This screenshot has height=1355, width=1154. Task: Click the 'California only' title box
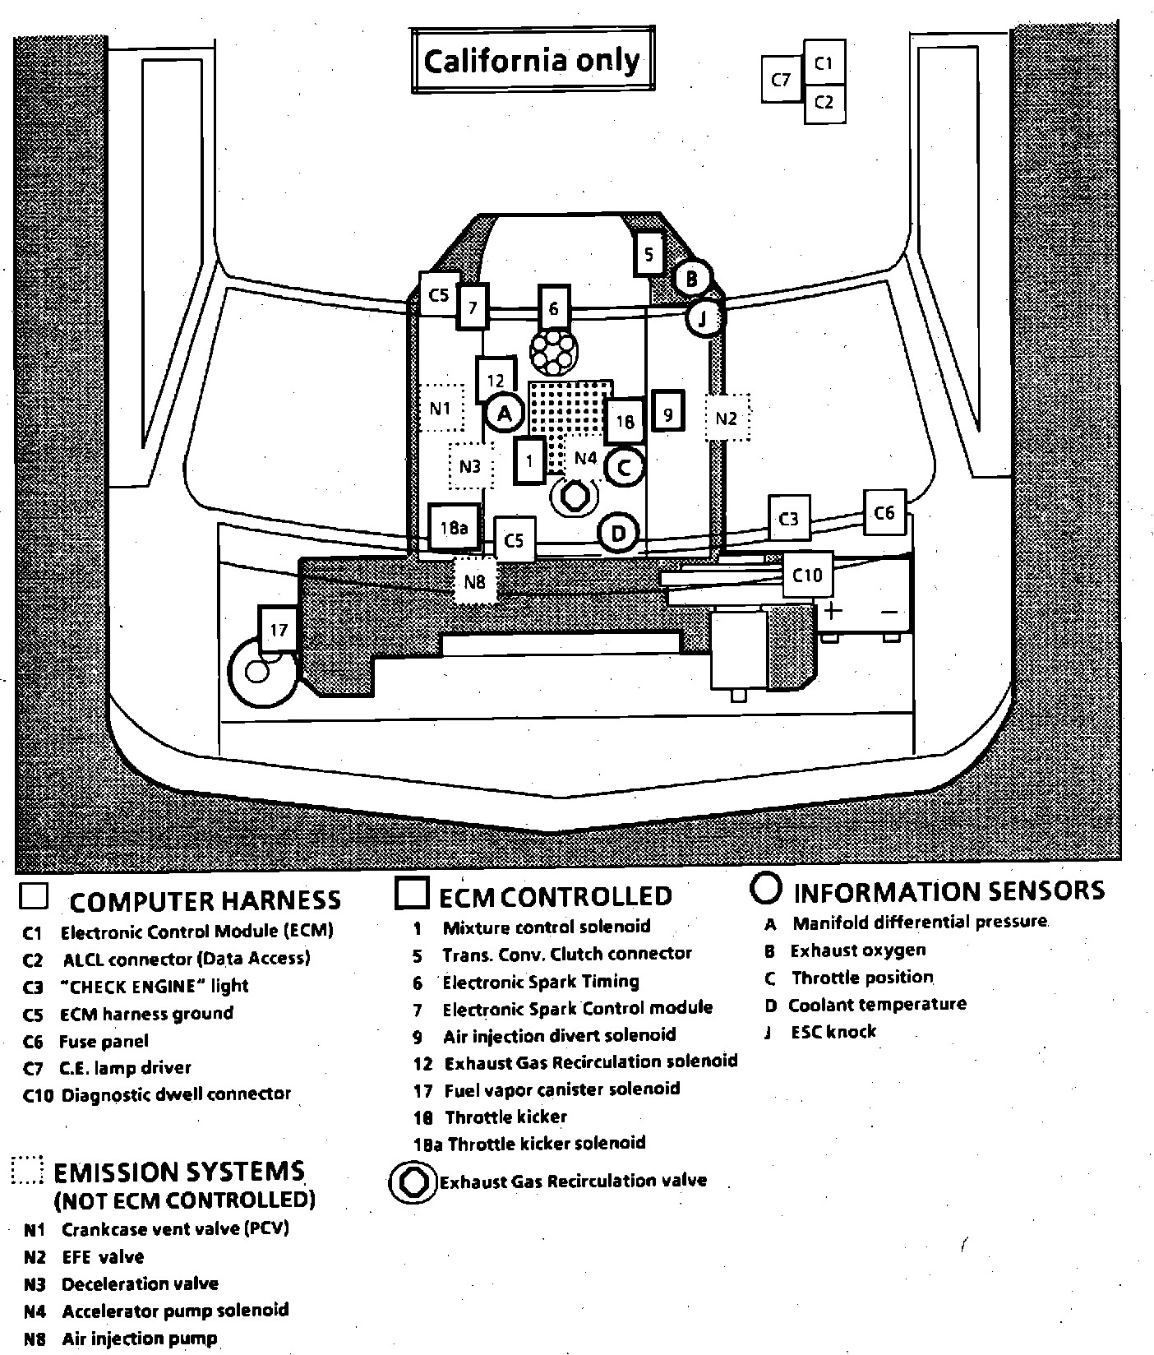pos(532,61)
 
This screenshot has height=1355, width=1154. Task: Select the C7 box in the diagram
pos(781,80)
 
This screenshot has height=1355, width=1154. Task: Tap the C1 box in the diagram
pos(824,62)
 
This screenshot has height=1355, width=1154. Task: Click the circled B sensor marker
pos(691,279)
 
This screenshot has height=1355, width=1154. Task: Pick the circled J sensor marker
pos(703,318)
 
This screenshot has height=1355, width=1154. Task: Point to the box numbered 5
pos(649,254)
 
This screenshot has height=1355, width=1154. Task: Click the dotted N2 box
pos(727,419)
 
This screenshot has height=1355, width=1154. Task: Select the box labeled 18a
pos(455,527)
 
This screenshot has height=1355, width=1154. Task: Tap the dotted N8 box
pos(475,582)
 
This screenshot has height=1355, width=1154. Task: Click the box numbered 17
pos(279,630)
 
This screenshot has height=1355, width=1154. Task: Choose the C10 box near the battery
pos(807,575)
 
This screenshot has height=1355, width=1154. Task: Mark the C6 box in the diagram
pos(884,513)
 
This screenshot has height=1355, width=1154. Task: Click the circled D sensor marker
pos(619,534)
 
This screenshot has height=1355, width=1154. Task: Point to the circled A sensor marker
pos(505,414)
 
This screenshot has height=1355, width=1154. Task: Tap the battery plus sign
pos(834,611)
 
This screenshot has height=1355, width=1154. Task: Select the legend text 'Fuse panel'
pos(104,1042)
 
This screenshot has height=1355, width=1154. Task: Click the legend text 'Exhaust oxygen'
pos(858,950)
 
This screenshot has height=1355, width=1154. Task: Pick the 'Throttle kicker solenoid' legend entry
pos(547,1143)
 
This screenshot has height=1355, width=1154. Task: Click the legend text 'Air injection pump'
pos(140,1339)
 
